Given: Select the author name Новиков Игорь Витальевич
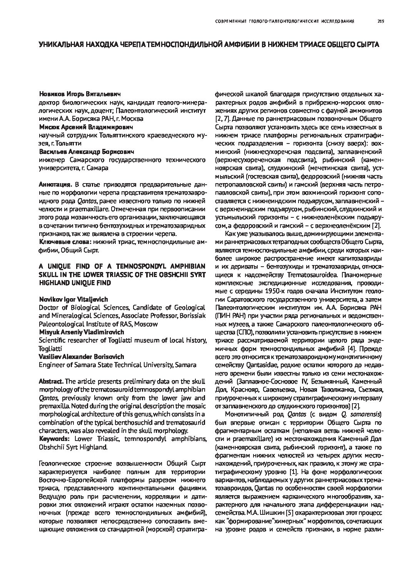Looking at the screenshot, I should pyautogui.click(x=80, y=94).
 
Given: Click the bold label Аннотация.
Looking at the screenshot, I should pyautogui.click(x=55, y=185).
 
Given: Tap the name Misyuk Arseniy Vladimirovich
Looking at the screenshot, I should pyautogui.click(x=81, y=332).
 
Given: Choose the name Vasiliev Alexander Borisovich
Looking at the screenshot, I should pyautogui.click(x=82, y=357).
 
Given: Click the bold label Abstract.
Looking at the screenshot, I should pyautogui.click(x=51, y=381).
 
